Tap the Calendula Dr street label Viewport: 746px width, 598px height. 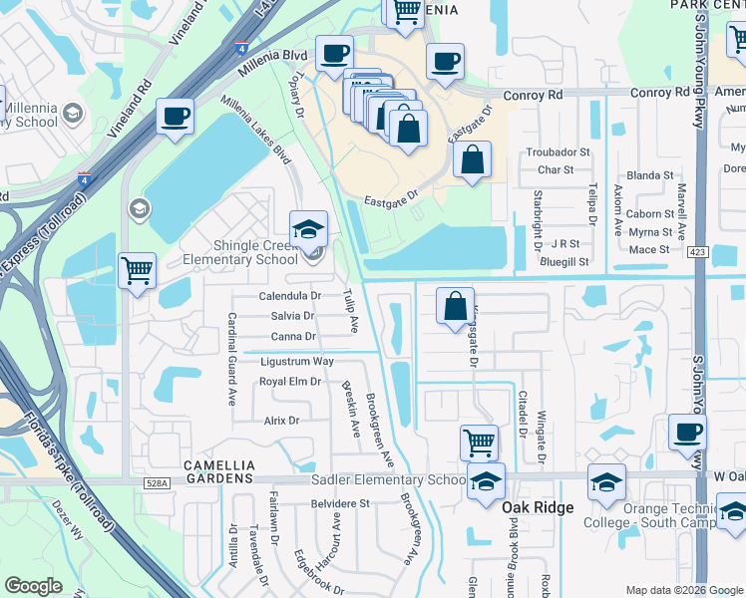pyautogui.click(x=290, y=296)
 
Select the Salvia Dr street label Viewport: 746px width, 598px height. pyautogui.click(x=293, y=316)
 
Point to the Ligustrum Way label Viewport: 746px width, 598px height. pyautogui.click(x=296, y=361)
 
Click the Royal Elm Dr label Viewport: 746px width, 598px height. pyautogui.click(x=289, y=382)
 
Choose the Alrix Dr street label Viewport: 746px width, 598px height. pyautogui.click(x=281, y=421)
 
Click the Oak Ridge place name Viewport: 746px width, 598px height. pyautogui.click(x=538, y=507)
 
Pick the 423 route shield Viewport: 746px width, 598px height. pyautogui.click(x=697, y=253)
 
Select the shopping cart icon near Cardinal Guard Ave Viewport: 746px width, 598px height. pyautogui.click(x=137, y=270)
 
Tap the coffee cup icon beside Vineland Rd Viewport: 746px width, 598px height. pyautogui.click(x=176, y=116)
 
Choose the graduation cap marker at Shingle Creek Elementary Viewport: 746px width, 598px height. pyautogui.click(x=308, y=228)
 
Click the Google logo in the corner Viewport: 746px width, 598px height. pyautogui.click(x=34, y=586)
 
